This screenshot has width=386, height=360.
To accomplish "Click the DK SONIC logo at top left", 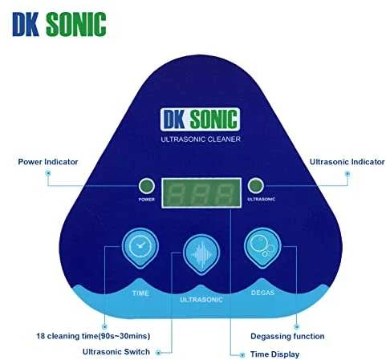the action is coord(59,24).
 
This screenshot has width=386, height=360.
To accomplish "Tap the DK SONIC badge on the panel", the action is coord(200,119).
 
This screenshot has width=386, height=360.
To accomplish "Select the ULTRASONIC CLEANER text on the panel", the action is coord(201,139).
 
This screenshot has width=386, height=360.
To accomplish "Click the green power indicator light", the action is coord(147,186).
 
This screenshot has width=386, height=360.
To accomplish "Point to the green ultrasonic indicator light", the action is coord(255,185).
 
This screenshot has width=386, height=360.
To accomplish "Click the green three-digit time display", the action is coord(201,192).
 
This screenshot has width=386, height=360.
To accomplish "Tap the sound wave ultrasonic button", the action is coord(201,254).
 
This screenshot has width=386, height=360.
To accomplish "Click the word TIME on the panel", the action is coord(140,293).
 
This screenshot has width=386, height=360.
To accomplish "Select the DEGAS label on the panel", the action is coord(262,293).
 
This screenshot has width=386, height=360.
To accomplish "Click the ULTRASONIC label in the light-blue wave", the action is coord(201,300).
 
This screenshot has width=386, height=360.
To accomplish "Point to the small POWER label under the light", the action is coord(146,200).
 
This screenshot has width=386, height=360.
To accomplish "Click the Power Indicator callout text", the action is coord(48,162).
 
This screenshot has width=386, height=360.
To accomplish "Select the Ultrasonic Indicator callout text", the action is coord(347,162).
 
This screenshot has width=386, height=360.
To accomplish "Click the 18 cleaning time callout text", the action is coord(93,336).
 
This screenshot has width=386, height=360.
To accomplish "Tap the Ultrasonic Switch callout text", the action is coord(116,352).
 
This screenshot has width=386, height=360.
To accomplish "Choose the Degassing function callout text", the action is coord(287,336).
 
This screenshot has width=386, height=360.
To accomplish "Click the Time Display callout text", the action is coord(274,354).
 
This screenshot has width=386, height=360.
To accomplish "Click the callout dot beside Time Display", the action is coord(242,355).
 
